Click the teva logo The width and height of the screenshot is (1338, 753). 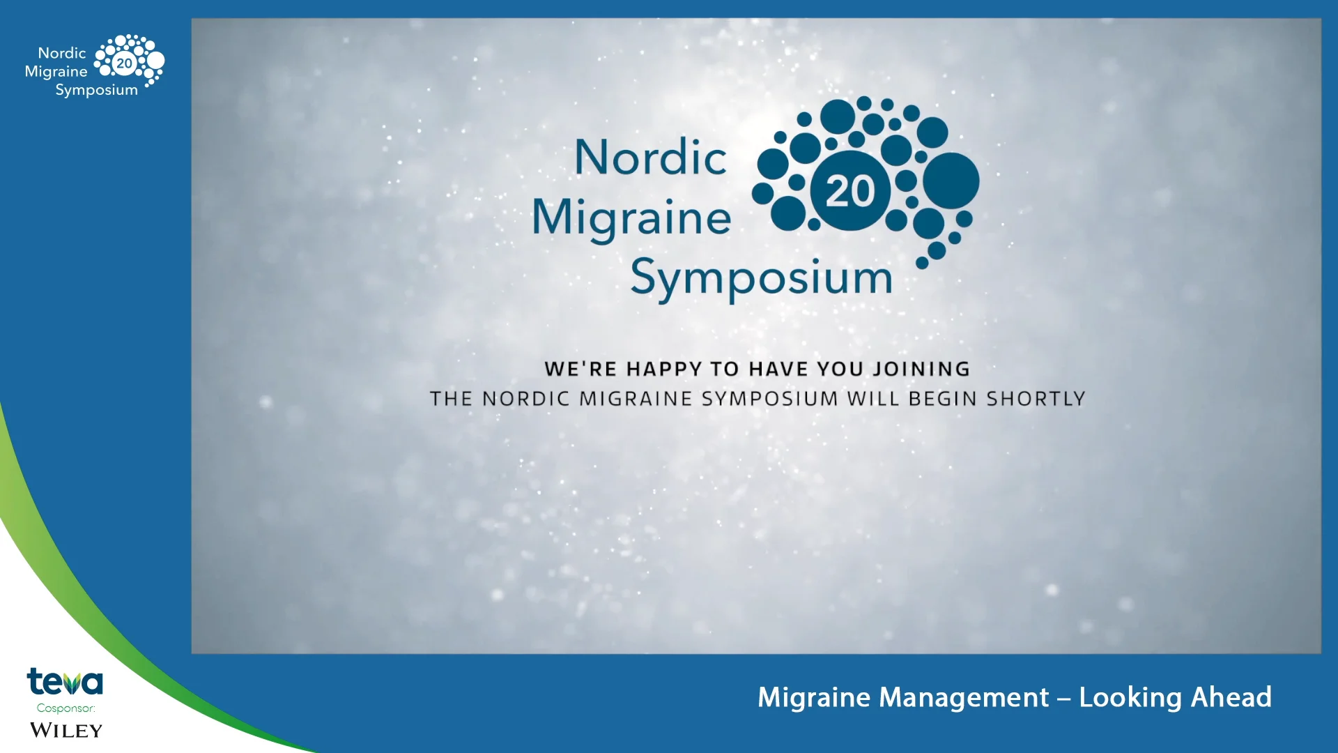[x=65, y=682]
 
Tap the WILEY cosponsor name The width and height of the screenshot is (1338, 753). [x=66, y=730]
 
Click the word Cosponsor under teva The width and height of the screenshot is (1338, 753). [x=66, y=708]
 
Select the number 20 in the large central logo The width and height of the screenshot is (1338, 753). [x=850, y=191]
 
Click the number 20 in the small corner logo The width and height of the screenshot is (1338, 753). [x=124, y=63]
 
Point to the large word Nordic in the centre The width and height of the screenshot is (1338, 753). [x=651, y=157]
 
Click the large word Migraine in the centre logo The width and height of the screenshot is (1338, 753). [x=631, y=217]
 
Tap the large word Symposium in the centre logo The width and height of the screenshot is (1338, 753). [x=761, y=278]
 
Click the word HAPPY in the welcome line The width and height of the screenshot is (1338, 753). [x=664, y=369]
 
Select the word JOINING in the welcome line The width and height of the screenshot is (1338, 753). [x=921, y=369]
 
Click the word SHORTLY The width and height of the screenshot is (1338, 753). [x=1036, y=399]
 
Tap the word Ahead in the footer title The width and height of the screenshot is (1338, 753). [x=1231, y=697]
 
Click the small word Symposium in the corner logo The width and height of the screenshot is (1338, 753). [x=96, y=90]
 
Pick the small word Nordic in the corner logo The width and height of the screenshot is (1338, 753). [x=62, y=53]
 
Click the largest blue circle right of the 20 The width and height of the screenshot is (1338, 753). [x=951, y=181]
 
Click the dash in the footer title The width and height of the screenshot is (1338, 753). [x=1063, y=699]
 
